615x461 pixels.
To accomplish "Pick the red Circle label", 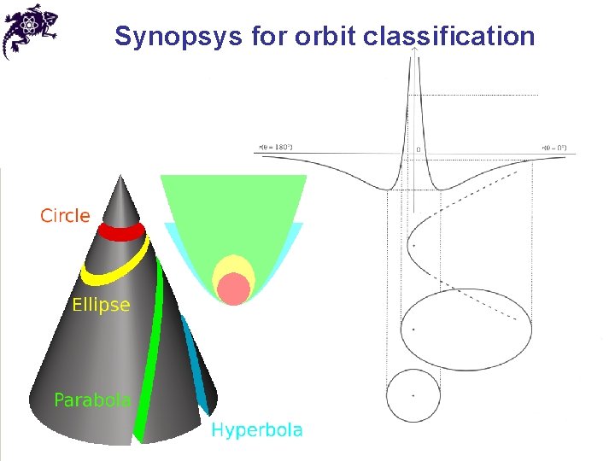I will (x=65, y=216).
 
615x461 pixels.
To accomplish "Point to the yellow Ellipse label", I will (x=101, y=305).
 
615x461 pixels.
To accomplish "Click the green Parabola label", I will (x=92, y=400).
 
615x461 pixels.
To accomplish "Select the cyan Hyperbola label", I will (x=257, y=429).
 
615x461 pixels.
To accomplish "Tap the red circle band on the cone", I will (x=120, y=231).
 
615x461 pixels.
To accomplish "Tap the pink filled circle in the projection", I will (x=232, y=289).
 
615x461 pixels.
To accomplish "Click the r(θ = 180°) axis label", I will (x=275, y=147).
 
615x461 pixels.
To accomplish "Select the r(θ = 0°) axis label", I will (x=554, y=147).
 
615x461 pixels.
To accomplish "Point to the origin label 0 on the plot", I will (x=418, y=150).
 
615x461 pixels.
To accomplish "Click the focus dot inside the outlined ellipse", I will (x=413, y=329).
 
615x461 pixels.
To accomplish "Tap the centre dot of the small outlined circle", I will (x=413, y=396).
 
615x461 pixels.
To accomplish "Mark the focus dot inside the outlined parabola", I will (x=412, y=248).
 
